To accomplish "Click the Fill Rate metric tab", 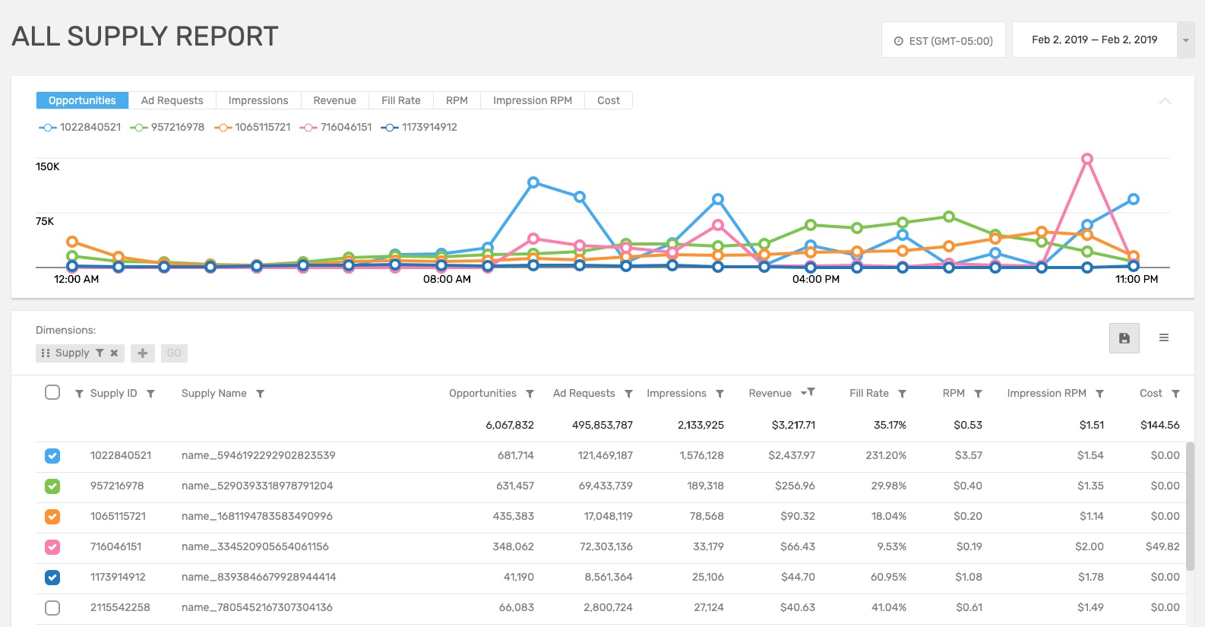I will pos(400,100).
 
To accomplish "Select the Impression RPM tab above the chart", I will pos(532,100).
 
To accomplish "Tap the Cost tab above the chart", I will pos(608,100).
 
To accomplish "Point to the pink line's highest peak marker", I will pos(1087,159).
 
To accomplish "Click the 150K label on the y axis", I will pos(47,166).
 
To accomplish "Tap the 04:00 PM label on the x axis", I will pos(815,279).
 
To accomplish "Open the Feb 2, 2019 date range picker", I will pos(1094,40).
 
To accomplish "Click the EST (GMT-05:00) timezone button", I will pos(943,40).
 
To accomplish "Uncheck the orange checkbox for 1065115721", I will pos(52,516).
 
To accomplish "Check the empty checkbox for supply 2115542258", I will pos(52,607).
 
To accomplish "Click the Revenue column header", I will pos(770,393).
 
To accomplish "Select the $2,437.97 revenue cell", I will pos(791,455).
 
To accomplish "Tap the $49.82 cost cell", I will pos(1162,546).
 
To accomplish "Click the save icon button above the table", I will pos(1124,338).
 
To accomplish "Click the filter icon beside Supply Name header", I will pos(260,394).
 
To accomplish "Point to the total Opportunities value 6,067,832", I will pos(509,425).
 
